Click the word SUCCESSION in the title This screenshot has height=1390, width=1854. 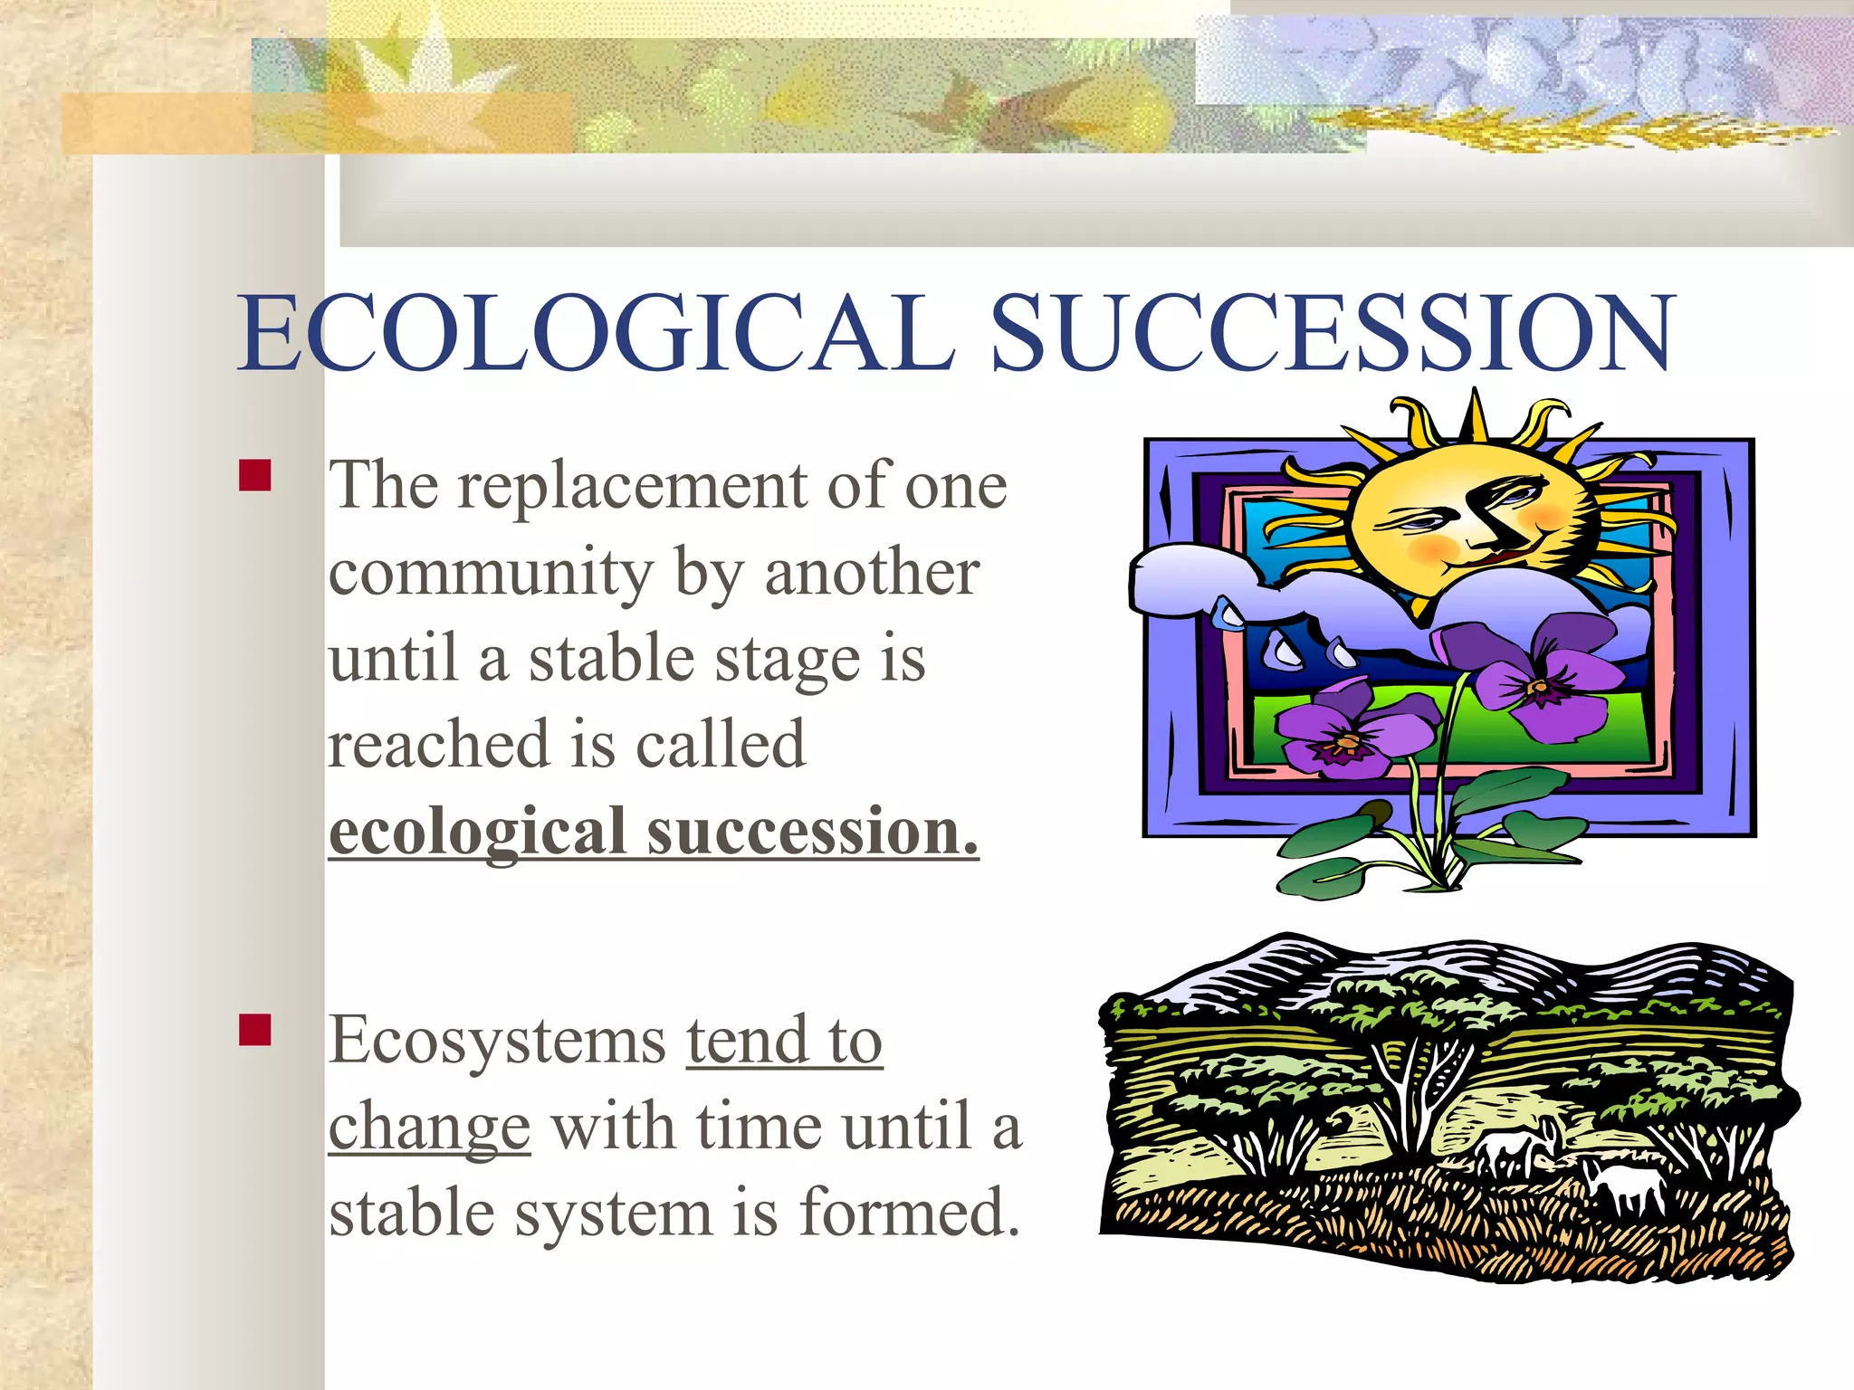click(x=1333, y=333)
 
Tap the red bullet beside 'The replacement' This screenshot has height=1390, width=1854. click(x=255, y=475)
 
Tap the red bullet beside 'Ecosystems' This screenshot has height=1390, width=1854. click(x=255, y=1030)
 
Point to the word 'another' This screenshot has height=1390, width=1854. click(x=871, y=573)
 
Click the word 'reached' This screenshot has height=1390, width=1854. click(x=437, y=744)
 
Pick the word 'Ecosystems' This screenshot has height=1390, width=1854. click(x=497, y=1041)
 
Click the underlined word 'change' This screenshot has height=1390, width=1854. click(x=428, y=1128)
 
